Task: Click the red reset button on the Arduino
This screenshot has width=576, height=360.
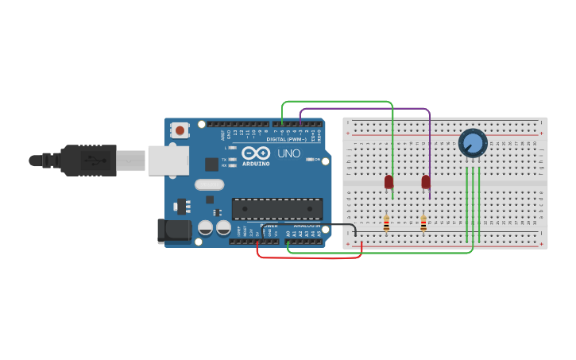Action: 180,130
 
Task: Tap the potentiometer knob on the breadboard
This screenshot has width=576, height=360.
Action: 472,143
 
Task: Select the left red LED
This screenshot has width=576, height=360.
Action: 389,182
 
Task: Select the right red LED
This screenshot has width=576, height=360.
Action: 426,182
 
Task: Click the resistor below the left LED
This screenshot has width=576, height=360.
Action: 386,224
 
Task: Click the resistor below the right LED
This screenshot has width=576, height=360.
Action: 423,224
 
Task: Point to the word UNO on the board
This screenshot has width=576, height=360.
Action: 288,153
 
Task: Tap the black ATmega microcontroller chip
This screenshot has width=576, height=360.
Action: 276,209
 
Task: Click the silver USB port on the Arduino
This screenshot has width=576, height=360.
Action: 168,160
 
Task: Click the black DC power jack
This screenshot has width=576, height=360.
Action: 175,230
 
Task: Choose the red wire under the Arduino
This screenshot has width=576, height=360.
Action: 310,257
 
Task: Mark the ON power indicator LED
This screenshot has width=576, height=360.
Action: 310,159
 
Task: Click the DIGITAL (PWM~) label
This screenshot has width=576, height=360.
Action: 287,139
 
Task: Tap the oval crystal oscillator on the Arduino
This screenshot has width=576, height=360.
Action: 210,185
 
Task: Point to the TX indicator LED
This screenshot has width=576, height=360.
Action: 232,160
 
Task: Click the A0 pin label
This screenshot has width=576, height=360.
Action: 288,234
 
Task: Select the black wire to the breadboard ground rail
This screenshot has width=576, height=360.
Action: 334,224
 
